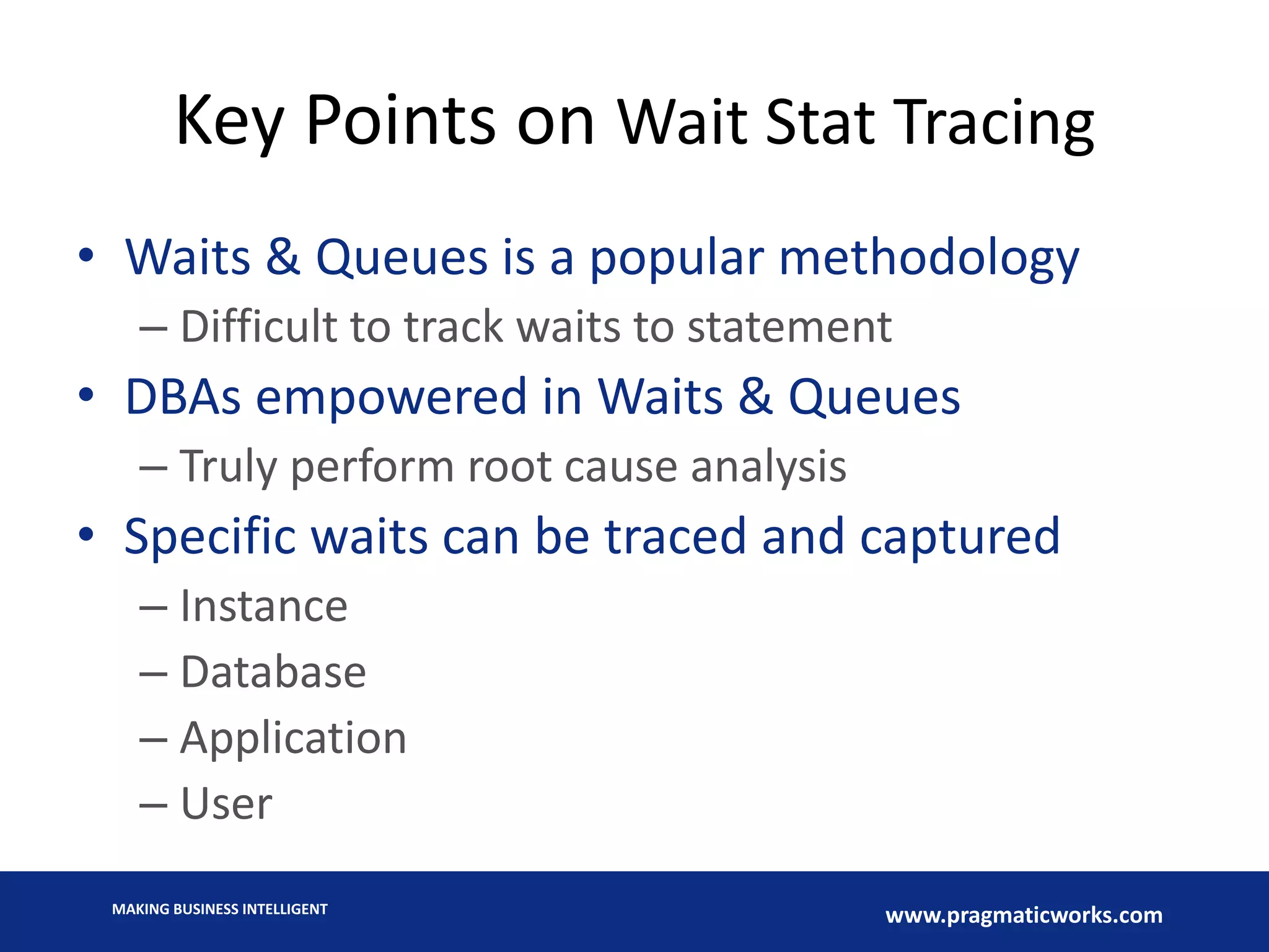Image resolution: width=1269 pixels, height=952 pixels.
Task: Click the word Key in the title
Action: [229, 123]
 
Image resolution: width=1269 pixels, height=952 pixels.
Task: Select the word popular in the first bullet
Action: [676, 258]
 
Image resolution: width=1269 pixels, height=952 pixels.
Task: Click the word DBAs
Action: [182, 397]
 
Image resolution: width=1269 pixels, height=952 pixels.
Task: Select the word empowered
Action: [391, 397]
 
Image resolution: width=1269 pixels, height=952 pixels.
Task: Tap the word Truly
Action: [227, 467]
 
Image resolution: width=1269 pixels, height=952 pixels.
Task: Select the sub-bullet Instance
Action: [263, 606]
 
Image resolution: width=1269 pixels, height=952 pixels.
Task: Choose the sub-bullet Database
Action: [273, 672]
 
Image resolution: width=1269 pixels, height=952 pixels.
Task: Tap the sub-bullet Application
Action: [293, 738]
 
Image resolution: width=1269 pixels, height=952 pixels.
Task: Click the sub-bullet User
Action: [226, 804]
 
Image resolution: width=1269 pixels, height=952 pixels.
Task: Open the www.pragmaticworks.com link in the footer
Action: [1024, 915]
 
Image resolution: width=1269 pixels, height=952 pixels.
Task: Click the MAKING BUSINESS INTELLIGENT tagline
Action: [219, 909]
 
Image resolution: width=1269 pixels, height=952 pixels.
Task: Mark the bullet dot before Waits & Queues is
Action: [86, 255]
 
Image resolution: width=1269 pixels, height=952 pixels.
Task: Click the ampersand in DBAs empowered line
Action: [755, 397]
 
